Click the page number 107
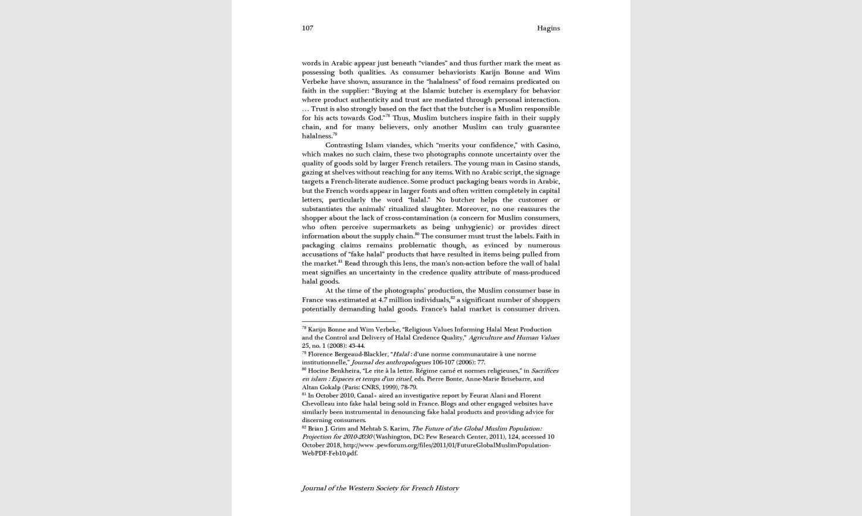[307, 28]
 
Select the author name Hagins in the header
[548, 28]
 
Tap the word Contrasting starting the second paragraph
[344, 145]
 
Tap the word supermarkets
[396, 227]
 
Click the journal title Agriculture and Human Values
[514, 338]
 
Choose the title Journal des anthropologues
[391, 362]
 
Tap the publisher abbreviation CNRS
[371, 387]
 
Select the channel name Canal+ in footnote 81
[367, 396]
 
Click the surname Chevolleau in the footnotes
[318, 404]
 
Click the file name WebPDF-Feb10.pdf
[329, 453]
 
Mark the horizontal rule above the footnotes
[348, 321]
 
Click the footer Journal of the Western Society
[380, 488]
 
